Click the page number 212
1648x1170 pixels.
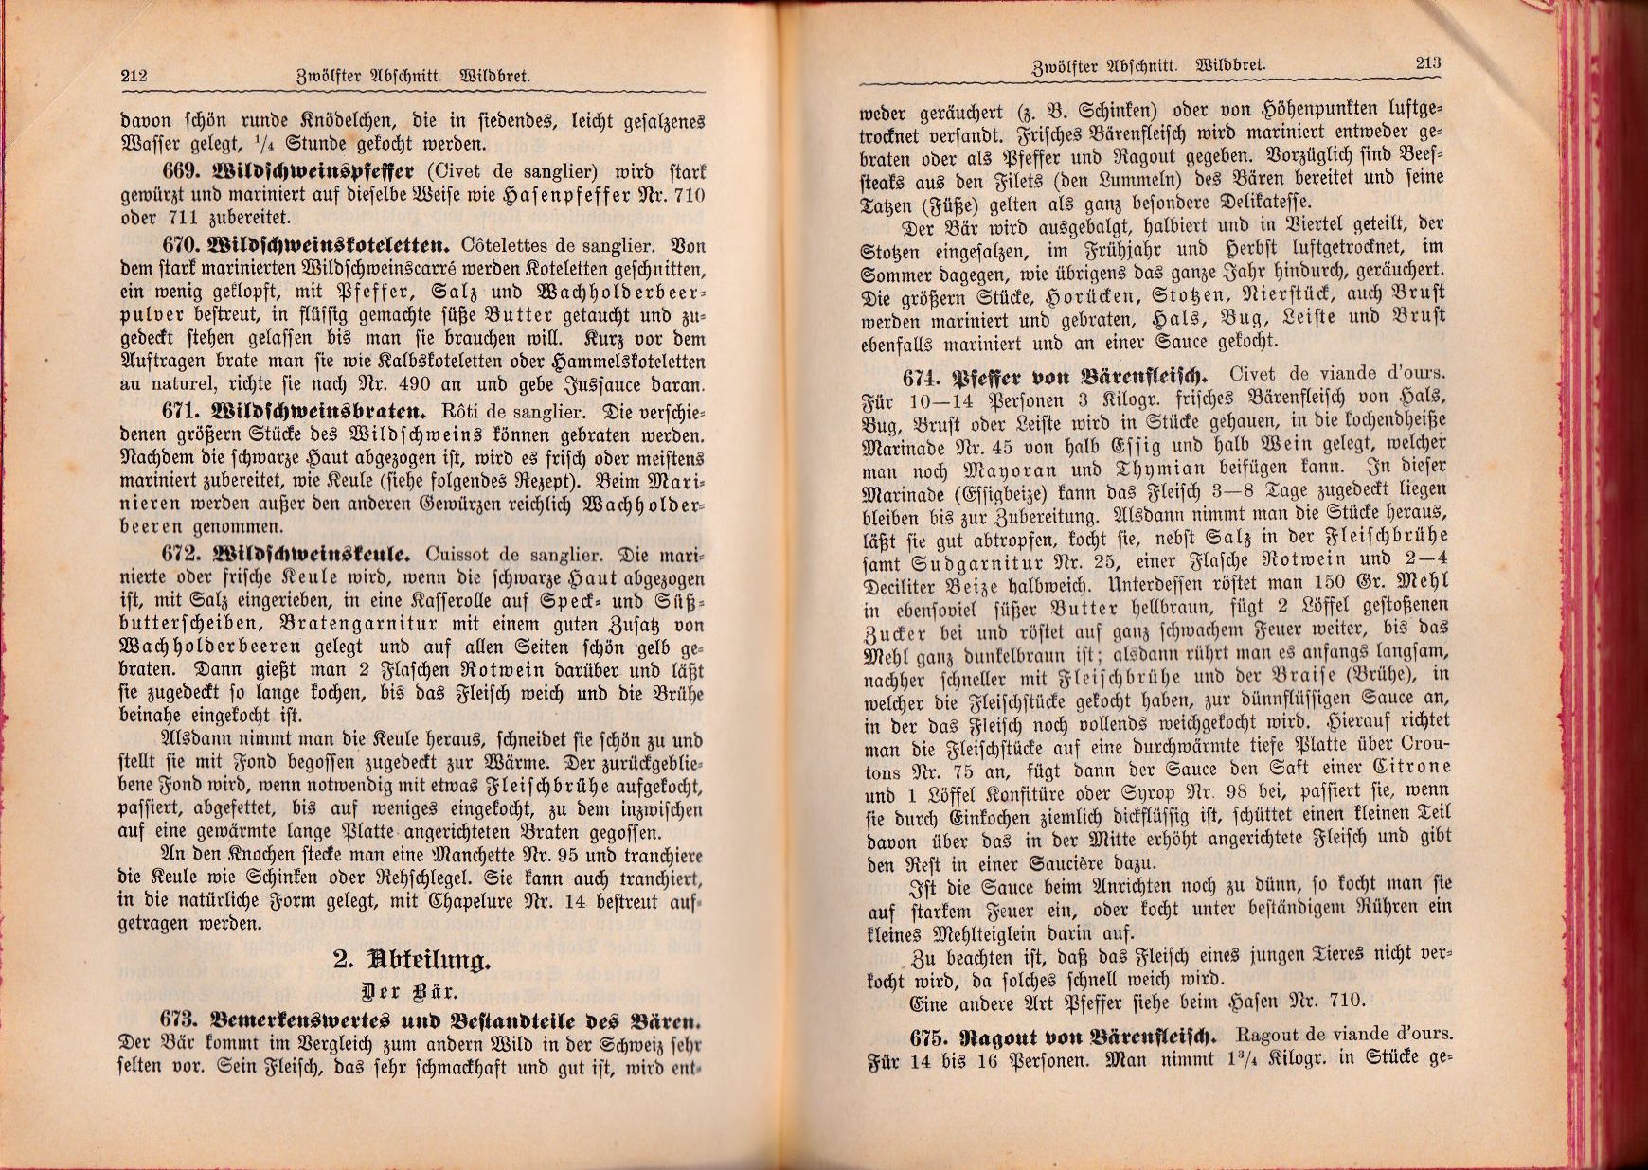click(134, 76)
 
